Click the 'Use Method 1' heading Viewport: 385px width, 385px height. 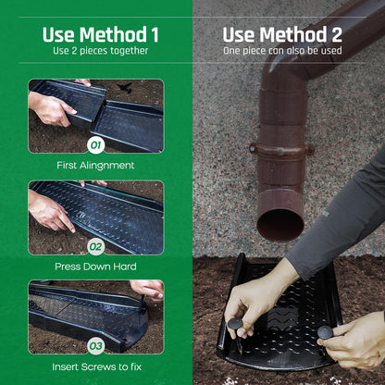(101, 34)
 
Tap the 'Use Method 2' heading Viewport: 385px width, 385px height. (282, 34)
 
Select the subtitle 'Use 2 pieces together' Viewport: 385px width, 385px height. (101, 51)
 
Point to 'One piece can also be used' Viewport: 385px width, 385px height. (282, 51)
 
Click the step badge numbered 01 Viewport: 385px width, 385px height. (95, 145)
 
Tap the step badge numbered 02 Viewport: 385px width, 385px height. (95, 247)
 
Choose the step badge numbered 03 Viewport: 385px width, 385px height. (95, 346)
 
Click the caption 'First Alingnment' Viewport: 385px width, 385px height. (95, 166)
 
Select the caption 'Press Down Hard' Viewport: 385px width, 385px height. (95, 267)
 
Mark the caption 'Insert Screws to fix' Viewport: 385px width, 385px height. (97, 366)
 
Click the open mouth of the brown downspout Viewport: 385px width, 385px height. (280, 225)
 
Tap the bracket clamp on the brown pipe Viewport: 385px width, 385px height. (281, 150)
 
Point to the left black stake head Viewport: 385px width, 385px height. (235, 324)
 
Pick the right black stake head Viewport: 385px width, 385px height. (325, 332)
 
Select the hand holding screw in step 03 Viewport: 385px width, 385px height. (147, 290)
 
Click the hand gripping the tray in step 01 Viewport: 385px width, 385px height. (51, 108)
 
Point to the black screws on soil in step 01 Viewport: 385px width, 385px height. (125, 87)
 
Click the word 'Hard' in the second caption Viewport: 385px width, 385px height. (125, 267)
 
